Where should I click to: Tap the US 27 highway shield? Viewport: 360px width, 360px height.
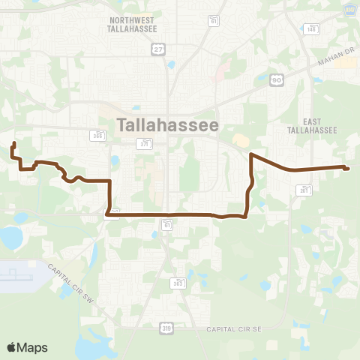[x=157, y=49]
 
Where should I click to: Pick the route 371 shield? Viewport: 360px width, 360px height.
[x=142, y=142]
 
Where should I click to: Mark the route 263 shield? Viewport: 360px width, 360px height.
[x=178, y=283]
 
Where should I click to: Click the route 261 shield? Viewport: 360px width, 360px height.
[x=304, y=191]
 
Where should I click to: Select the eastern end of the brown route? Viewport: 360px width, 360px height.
[x=346, y=167]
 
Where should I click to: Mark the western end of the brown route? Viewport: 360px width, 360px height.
[x=14, y=142]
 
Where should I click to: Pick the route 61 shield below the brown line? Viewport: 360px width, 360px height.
[x=166, y=223]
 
